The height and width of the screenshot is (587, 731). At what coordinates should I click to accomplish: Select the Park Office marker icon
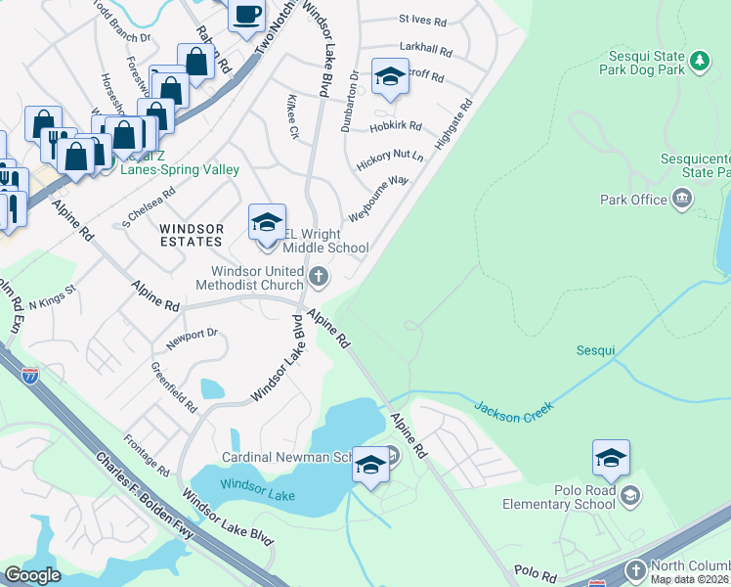pyautogui.click(x=682, y=201)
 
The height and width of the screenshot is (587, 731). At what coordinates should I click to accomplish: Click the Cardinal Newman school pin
pyautogui.click(x=370, y=465)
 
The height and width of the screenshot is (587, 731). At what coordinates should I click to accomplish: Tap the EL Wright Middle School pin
pyautogui.click(x=267, y=223)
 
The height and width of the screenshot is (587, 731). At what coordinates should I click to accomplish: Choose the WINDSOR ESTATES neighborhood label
pyautogui.click(x=192, y=235)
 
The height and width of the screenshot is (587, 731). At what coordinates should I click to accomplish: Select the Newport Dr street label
pyautogui.click(x=191, y=338)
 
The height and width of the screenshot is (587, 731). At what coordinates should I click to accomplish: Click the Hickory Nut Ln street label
pyautogui.click(x=390, y=160)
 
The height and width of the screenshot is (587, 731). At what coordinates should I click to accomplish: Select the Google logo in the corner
pyautogui.click(x=32, y=575)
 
